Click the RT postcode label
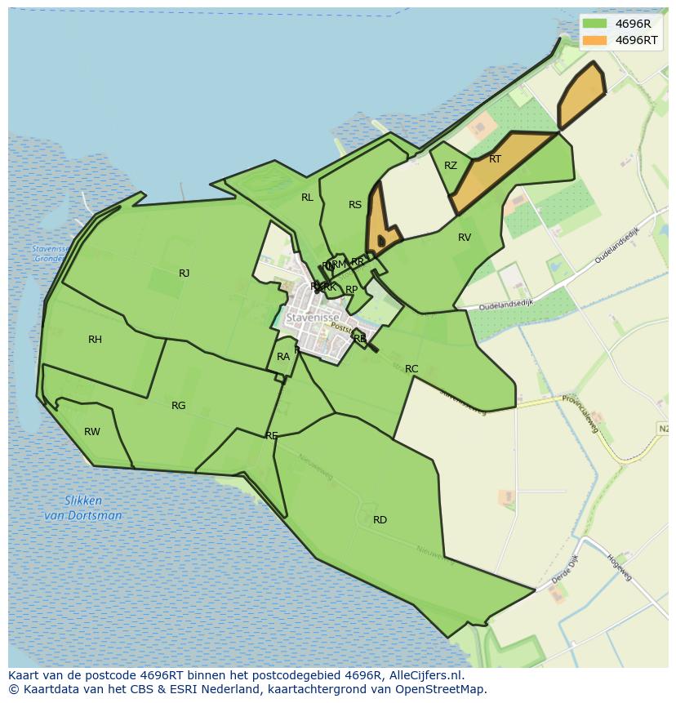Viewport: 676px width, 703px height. tap(495, 159)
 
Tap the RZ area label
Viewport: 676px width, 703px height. tap(451, 166)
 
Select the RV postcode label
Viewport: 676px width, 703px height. tap(465, 238)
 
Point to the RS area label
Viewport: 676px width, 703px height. tap(355, 205)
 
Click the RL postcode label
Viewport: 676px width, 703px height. tap(307, 198)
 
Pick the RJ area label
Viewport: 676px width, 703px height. tap(184, 274)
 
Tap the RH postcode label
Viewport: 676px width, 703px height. tap(95, 340)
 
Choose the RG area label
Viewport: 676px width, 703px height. tap(179, 406)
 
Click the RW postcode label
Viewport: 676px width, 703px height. tap(92, 432)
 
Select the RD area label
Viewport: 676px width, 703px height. tap(380, 520)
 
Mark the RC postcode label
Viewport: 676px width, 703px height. tap(411, 369)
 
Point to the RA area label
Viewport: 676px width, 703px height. tap(283, 357)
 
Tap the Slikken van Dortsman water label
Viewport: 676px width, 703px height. tap(82, 508)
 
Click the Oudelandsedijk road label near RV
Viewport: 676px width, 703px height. tap(506, 303)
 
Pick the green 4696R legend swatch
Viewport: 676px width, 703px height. tap(595, 23)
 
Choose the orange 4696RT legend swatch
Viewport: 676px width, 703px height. tap(595, 40)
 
